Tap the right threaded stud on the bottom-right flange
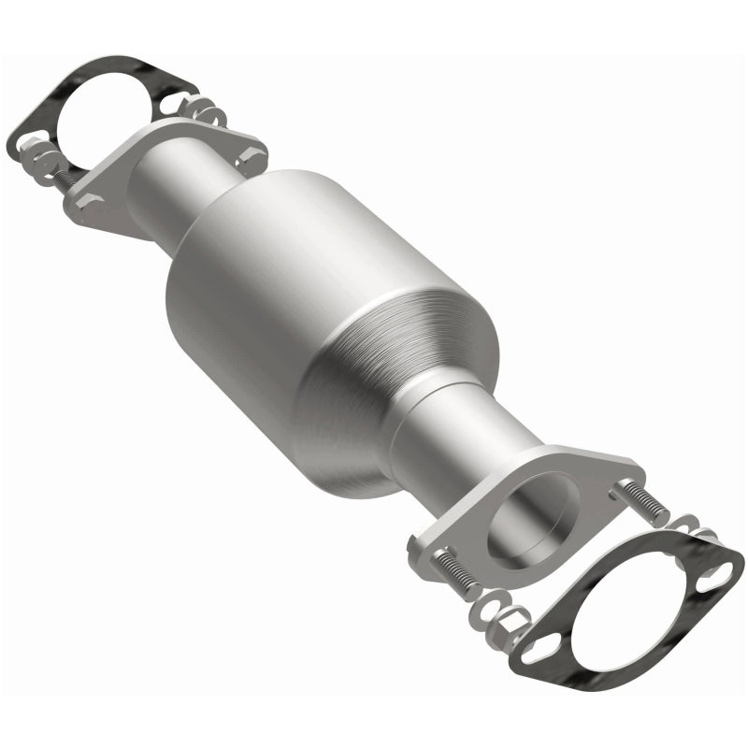pyautogui.click(x=640, y=500)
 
